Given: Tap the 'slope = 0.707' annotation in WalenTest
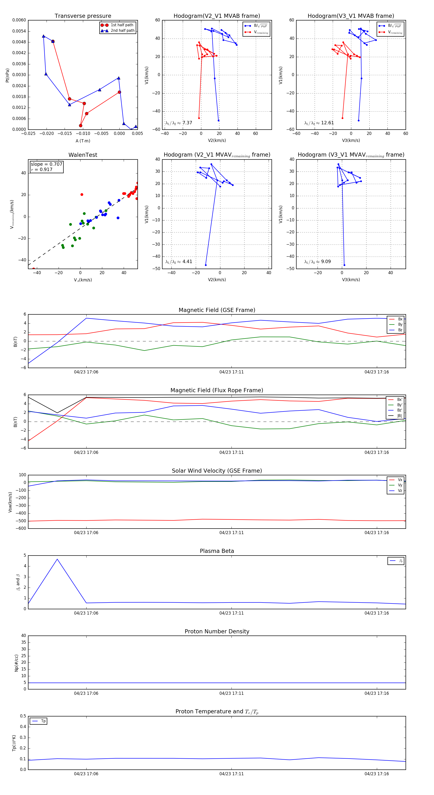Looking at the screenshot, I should (46, 164).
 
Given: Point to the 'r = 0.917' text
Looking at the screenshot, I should (42, 169).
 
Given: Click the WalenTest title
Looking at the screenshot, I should (83, 155).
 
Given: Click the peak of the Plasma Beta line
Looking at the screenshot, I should (57, 559).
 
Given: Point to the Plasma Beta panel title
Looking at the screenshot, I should (217, 551).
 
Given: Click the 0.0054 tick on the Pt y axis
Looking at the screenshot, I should (19, 31).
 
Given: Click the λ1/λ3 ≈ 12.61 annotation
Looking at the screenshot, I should (319, 123).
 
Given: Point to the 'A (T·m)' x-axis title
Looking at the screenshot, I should (83, 141).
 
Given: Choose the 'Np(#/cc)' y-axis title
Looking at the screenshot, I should (16, 663).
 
